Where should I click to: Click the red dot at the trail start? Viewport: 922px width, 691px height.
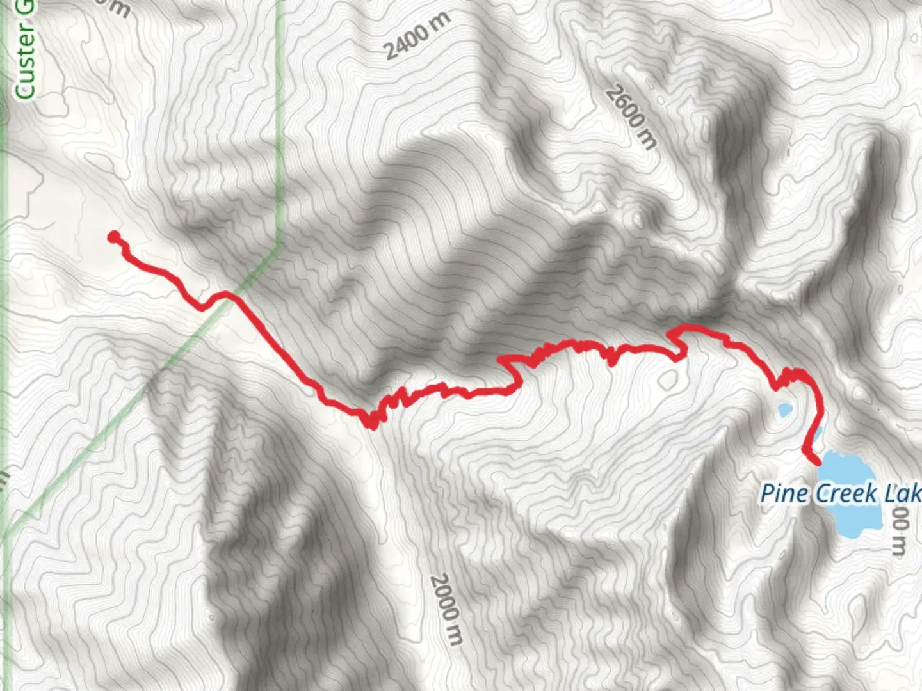click(114, 237)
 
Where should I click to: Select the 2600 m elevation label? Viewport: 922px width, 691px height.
click(631, 118)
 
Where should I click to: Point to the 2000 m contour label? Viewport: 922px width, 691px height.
click(446, 609)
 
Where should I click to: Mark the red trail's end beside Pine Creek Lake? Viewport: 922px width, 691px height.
click(818, 461)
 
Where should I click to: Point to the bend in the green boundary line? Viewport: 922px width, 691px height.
click(279, 246)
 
